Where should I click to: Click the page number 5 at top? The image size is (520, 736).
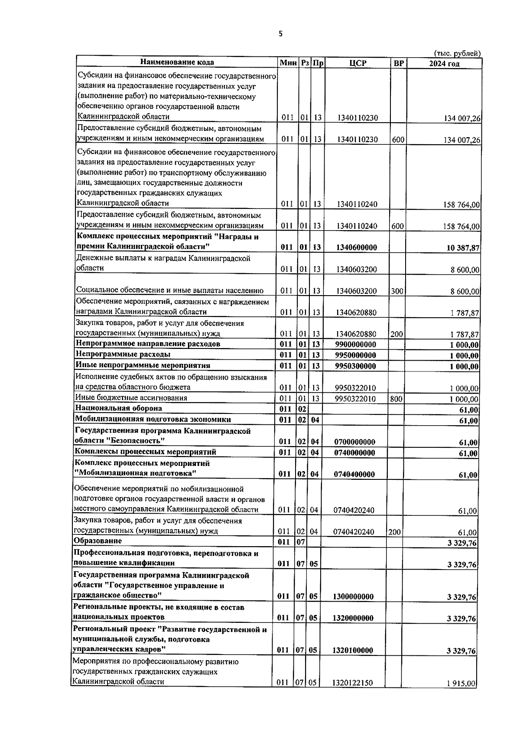click(280, 34)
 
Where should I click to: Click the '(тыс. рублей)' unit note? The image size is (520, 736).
click(457, 53)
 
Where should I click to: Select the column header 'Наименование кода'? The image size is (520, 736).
click(177, 62)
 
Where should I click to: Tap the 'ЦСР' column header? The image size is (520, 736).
click(357, 63)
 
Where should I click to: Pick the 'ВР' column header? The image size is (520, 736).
click(398, 63)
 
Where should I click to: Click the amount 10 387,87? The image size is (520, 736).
click(463, 248)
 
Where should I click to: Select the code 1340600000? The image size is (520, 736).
click(356, 248)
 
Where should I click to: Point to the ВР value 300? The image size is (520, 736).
click(397, 291)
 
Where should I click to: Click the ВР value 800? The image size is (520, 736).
click(396, 399)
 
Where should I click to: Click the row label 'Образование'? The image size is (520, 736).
click(98, 541)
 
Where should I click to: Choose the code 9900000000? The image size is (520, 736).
click(356, 345)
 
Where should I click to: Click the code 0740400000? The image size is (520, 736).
click(354, 475)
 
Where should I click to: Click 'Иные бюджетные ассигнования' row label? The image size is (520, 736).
click(131, 398)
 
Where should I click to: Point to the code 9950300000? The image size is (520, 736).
click(356, 366)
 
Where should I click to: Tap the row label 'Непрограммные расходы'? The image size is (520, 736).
click(123, 355)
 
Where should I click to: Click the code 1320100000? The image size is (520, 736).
click(353, 651)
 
